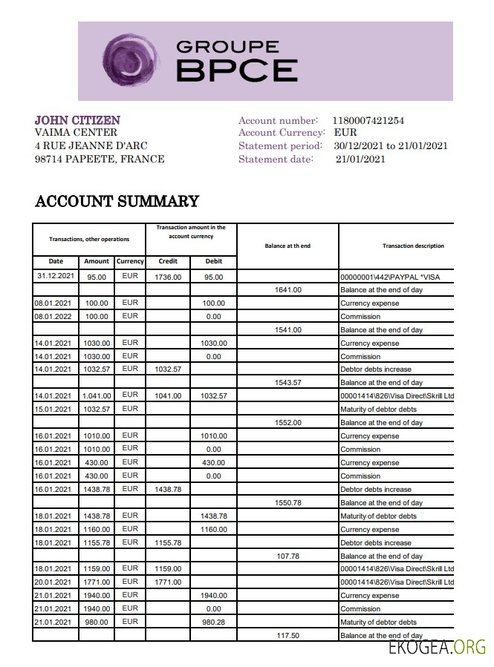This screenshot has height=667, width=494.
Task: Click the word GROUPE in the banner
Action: tap(227, 47)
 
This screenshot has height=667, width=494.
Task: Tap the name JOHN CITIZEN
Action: tap(77, 120)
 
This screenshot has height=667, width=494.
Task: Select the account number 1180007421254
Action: tap(368, 120)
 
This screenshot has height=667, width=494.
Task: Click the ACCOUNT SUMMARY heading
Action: tap(117, 201)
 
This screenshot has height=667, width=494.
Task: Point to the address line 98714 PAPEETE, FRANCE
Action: tap(100, 159)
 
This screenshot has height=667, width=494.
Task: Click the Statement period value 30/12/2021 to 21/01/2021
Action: tap(391, 145)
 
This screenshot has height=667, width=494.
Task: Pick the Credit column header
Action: tap(168, 261)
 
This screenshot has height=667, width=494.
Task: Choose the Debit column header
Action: tap(213, 261)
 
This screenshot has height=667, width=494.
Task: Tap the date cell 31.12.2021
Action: tap(56, 276)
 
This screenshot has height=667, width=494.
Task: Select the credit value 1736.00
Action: tap(168, 277)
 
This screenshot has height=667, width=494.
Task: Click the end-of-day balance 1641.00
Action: tap(287, 290)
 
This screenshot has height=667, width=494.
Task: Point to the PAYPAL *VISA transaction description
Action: tap(390, 277)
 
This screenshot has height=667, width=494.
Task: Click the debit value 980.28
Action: tap(213, 622)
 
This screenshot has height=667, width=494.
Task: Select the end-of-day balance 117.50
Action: tap(287, 636)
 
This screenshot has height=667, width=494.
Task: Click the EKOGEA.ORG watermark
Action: tap(437, 648)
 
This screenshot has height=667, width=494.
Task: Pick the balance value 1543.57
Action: tap(287, 383)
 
